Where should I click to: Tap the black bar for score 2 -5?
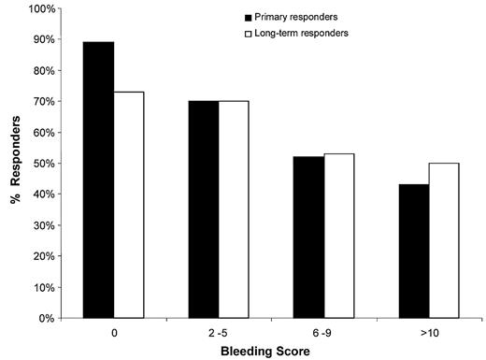[x=203, y=209]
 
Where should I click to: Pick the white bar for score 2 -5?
[x=233, y=209]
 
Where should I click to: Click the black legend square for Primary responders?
[x=248, y=18]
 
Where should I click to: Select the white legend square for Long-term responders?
[x=248, y=34]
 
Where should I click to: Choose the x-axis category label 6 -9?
[x=322, y=331]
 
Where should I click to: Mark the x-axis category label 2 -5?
[x=218, y=331]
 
